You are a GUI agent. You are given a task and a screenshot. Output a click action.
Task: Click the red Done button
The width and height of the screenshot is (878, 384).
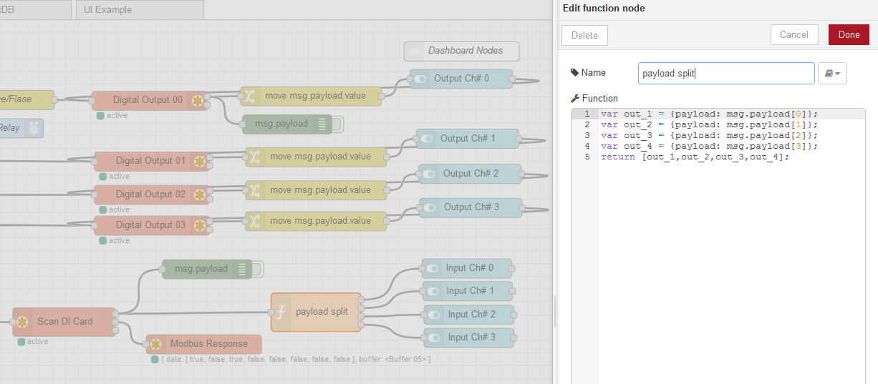coord(849,35)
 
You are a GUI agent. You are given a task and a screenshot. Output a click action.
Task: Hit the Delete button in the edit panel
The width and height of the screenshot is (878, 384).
coord(584,35)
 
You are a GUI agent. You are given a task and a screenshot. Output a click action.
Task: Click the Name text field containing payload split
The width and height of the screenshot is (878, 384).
coord(726,73)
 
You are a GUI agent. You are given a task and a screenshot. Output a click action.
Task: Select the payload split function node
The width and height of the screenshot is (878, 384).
coord(316,312)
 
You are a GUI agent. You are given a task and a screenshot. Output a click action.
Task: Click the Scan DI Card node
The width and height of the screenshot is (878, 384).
coord(64,322)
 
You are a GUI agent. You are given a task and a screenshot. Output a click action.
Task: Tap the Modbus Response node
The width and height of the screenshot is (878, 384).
coord(204,344)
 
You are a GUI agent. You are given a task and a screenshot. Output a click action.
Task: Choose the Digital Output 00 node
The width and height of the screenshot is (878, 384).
coord(150,100)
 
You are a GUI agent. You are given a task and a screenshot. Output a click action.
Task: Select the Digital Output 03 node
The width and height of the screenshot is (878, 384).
coord(152,225)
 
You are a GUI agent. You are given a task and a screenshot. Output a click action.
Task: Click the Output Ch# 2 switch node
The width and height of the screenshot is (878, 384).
coord(470,174)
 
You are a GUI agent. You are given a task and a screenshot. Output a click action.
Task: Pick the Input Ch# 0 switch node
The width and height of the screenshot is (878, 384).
coord(467,268)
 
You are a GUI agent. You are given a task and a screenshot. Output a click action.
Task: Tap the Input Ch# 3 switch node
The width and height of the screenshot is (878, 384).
coord(469,338)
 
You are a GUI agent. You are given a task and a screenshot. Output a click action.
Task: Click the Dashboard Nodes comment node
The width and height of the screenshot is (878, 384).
coord(462,51)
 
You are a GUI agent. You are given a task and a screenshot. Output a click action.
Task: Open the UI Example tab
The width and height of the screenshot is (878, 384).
coord(140,9)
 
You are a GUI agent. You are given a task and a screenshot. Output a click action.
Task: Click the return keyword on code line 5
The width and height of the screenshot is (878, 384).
coord(618,157)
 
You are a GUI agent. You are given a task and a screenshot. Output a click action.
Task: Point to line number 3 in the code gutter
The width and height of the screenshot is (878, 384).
coord(587,135)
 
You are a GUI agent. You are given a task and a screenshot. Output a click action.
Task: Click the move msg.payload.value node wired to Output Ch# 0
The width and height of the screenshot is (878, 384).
coord(312,96)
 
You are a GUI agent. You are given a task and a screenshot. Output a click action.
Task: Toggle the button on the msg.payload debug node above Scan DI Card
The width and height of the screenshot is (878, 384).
coord(256,269)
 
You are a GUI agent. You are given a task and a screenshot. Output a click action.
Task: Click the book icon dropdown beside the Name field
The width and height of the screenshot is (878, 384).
coord(832,73)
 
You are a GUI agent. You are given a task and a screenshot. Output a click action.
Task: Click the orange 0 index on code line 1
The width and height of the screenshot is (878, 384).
coord(798,114)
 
